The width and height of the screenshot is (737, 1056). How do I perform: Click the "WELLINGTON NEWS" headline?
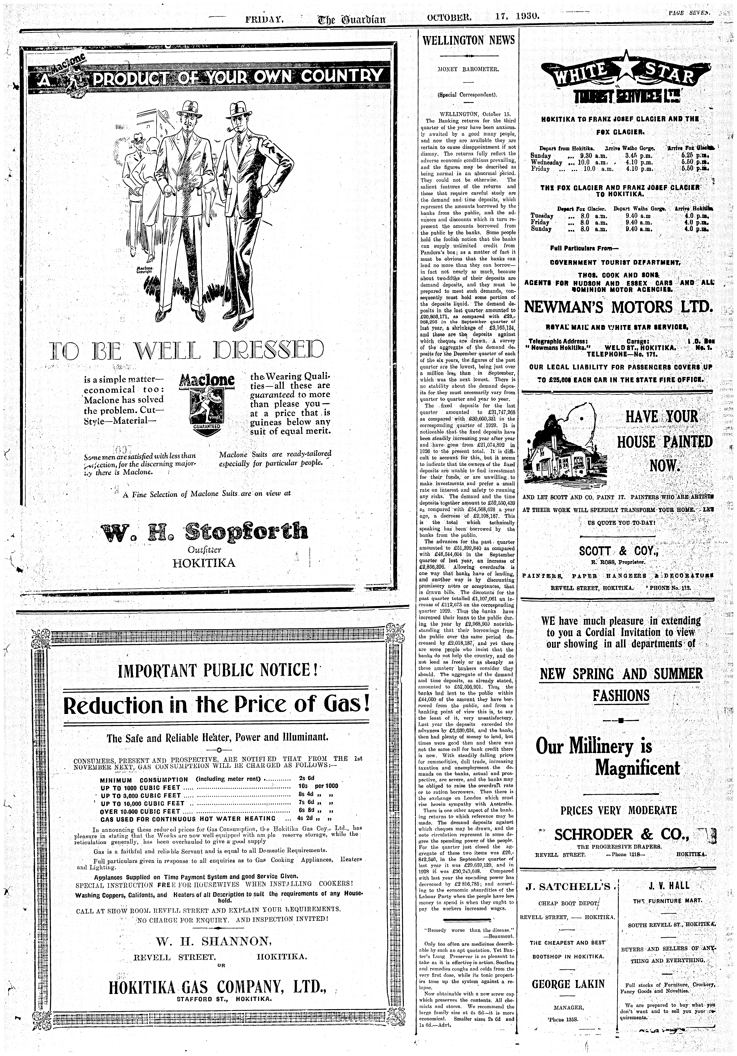468,40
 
